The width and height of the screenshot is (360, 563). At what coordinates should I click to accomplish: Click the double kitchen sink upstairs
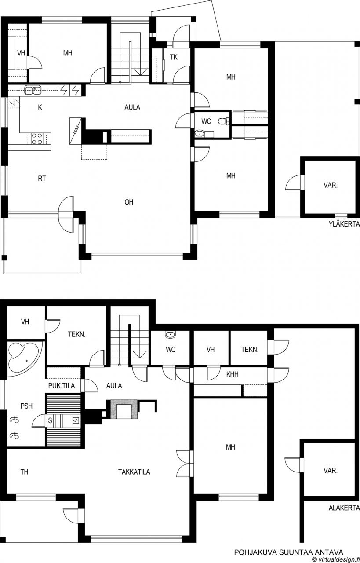[33, 90]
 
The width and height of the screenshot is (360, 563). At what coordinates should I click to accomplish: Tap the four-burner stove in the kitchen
[36, 139]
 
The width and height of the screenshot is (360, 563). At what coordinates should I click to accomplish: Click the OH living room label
[129, 202]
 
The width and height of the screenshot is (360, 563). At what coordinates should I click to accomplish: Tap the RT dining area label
[42, 179]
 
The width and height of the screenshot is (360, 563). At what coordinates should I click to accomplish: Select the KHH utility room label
[233, 374]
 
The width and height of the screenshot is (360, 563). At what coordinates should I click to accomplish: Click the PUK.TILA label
[62, 386]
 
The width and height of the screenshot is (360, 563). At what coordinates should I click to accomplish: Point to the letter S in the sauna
[50, 420]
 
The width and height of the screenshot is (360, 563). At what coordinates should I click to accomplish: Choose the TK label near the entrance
[174, 57]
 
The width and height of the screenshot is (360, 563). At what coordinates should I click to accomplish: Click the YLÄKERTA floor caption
[345, 224]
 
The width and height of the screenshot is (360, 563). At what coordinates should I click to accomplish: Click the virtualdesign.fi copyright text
[336, 559]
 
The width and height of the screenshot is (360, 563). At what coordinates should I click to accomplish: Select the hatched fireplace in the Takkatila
[124, 409]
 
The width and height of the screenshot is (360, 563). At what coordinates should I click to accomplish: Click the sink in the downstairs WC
[171, 335]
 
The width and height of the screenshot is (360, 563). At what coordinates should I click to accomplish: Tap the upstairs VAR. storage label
[331, 185]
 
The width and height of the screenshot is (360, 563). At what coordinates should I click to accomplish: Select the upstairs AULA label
[132, 107]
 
